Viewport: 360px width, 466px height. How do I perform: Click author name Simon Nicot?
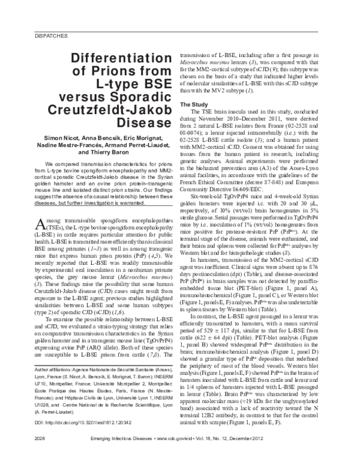(x=67, y=139)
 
